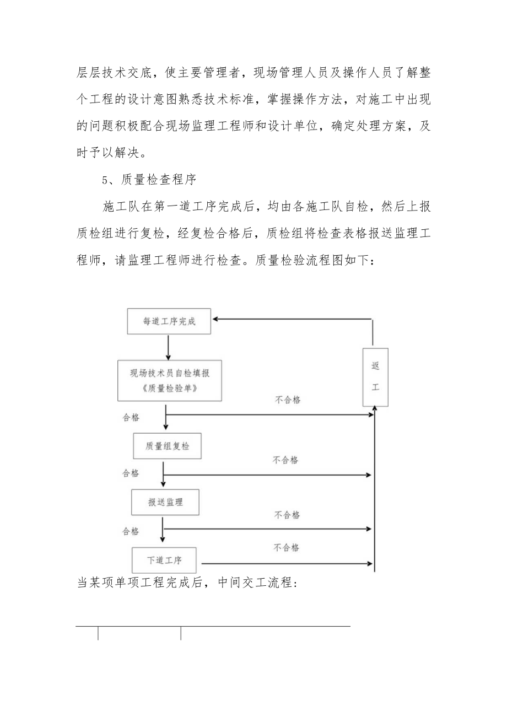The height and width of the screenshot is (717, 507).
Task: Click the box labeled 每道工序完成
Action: click(169, 321)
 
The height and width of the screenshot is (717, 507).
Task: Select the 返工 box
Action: click(375, 377)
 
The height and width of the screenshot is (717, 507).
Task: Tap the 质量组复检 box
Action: click(167, 446)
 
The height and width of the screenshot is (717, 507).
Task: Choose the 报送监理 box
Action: click(165, 502)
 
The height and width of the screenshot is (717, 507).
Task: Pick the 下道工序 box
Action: click(164, 560)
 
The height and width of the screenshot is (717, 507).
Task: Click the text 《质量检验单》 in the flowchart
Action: click(170, 389)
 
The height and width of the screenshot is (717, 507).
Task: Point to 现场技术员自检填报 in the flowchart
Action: click(170, 373)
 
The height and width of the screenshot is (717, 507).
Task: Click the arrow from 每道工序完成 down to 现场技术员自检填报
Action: click(168, 347)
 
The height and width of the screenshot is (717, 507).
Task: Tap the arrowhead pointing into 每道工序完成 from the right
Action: click(217, 319)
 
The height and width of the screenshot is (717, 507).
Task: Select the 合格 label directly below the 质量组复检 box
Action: click(131, 473)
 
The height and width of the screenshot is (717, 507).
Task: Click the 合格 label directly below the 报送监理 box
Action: click(131, 531)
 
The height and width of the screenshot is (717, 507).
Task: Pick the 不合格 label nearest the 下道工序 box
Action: click(287, 547)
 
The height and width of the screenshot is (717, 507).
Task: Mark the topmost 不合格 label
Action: click(288, 400)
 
